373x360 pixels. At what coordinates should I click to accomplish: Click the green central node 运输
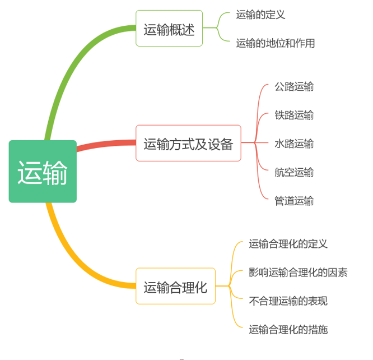[x=43, y=172]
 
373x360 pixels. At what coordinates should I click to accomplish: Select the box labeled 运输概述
[x=169, y=29]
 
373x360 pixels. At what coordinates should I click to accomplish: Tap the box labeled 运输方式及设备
[x=188, y=144]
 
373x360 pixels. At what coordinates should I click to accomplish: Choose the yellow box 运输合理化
[x=175, y=287]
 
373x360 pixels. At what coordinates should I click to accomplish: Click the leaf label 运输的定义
[x=260, y=15]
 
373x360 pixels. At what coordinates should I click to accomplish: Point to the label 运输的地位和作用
[x=275, y=43]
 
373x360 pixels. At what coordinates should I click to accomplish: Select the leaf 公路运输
[x=293, y=86]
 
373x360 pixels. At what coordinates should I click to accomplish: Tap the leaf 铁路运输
[x=293, y=115]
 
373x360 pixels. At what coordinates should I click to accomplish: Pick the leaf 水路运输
[x=293, y=144]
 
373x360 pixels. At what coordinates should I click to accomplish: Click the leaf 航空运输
[x=293, y=172]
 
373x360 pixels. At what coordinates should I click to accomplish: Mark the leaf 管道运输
[x=293, y=201]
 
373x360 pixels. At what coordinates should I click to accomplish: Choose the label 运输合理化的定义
[x=288, y=244]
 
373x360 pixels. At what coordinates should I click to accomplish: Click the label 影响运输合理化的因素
[x=298, y=273]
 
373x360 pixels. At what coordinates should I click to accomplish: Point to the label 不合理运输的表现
[x=288, y=301]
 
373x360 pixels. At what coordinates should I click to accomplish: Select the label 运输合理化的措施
[x=288, y=330]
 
